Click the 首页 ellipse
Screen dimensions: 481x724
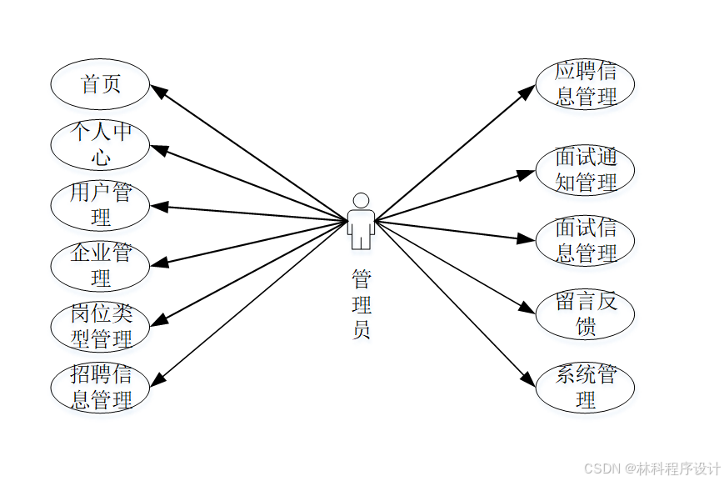click(100, 84)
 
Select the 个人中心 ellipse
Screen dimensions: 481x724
click(100, 144)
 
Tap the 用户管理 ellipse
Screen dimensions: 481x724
click(100, 205)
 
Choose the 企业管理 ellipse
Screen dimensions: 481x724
click(100, 265)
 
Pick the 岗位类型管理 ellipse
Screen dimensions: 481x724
click(100, 327)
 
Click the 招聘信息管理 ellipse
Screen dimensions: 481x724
click(100, 388)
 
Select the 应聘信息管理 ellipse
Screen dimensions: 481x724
click(585, 84)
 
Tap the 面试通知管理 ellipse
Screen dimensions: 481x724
click(585, 170)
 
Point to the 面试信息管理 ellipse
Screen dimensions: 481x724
click(585, 241)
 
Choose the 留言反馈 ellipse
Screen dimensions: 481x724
click(585, 313)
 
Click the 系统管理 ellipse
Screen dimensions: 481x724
click(585, 388)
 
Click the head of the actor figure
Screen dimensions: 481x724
click(361, 201)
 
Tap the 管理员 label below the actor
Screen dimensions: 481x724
click(361, 304)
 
